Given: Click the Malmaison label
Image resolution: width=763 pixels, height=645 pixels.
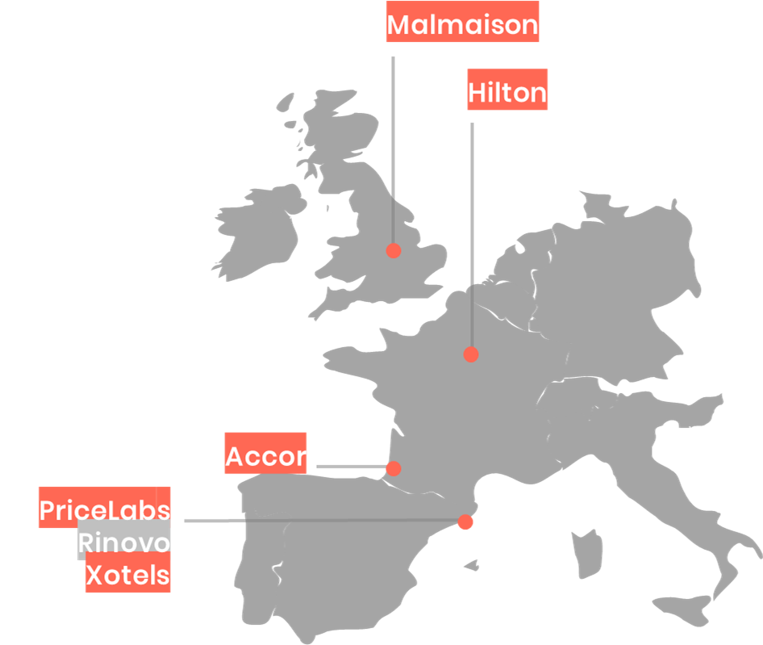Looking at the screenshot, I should click(462, 24).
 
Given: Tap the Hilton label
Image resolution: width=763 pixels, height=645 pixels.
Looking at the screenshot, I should click(507, 93).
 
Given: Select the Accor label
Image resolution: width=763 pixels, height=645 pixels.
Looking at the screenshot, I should click(265, 457).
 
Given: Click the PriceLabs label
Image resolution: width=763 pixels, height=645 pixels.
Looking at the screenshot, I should click(105, 509).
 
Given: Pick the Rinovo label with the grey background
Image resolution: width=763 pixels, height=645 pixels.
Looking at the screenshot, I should click(124, 542).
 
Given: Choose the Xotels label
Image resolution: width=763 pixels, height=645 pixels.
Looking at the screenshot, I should click(128, 576).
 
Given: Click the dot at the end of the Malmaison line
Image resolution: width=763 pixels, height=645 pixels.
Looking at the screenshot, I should click(394, 250).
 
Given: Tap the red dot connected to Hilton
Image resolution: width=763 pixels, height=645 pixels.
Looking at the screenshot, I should click(471, 354).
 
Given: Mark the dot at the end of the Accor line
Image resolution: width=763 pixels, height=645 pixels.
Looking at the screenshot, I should click(394, 468).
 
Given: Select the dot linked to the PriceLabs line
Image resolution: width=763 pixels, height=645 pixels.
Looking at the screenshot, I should click(465, 522).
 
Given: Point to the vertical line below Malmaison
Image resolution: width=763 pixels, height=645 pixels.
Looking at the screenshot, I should click(394, 145).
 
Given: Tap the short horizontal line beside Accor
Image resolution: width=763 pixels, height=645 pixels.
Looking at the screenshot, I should click(351, 467).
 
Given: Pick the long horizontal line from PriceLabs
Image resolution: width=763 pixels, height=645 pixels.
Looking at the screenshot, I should click(323, 521).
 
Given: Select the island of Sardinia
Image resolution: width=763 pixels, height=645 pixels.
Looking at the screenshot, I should click(582, 553).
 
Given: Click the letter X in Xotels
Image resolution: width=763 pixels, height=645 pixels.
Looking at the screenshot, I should click(96, 576).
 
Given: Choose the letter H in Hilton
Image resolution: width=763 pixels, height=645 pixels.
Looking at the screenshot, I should click(477, 93).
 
